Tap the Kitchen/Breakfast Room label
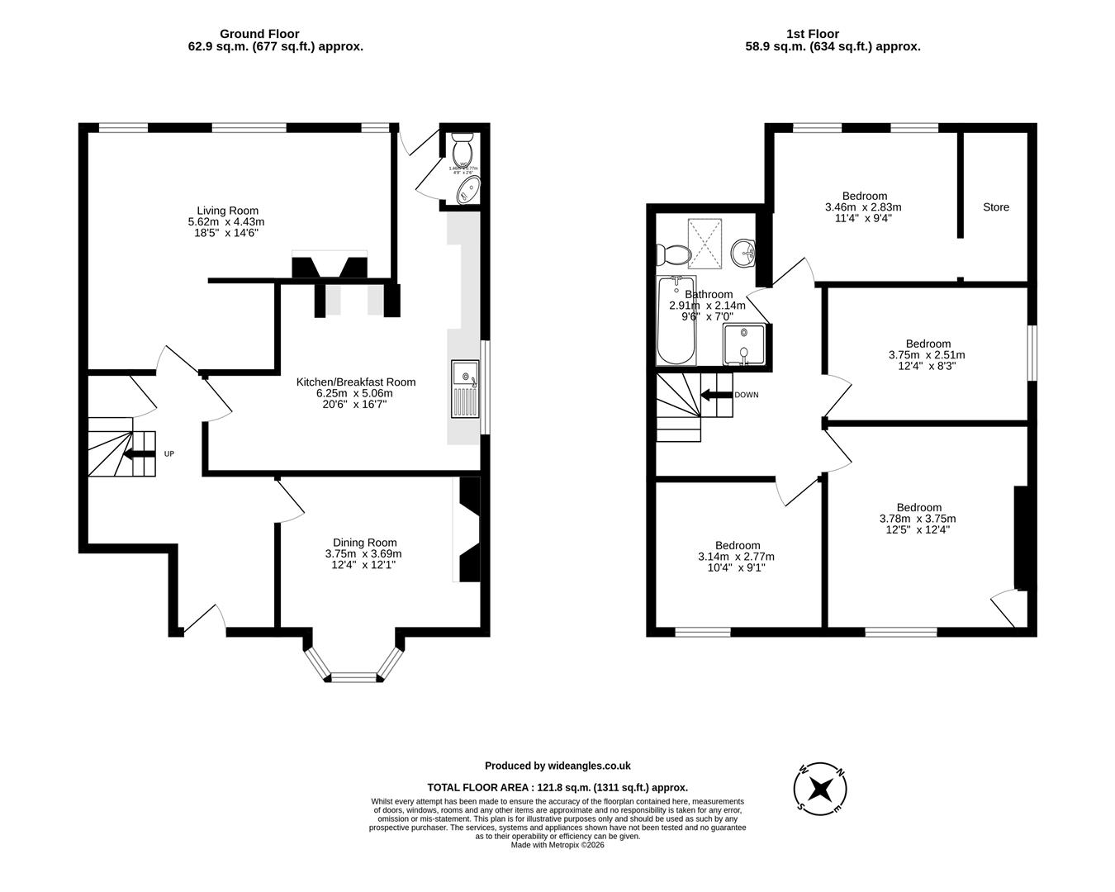pyautogui.click(x=356, y=382)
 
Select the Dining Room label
pyautogui.click(x=364, y=543)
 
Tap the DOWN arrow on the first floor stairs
pyautogui.click(x=715, y=395)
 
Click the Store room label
pyautogui.click(x=995, y=207)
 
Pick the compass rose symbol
pyautogui.click(x=820, y=788)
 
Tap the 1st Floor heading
pyautogui.click(x=812, y=34)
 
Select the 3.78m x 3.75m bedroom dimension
pyautogui.click(x=918, y=519)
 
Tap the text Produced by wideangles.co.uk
pyautogui.click(x=557, y=766)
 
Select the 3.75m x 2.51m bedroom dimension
pyautogui.click(x=927, y=355)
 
